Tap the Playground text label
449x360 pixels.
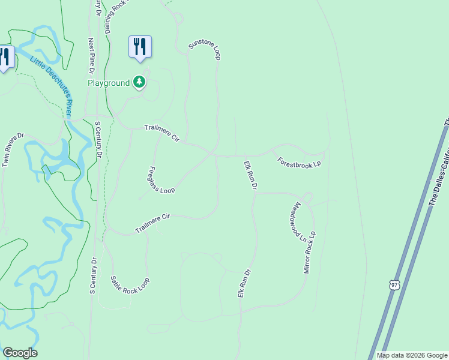[109, 83]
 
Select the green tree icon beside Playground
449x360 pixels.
[139, 82]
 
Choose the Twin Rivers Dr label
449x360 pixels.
[13, 149]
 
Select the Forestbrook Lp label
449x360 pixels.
[300, 163]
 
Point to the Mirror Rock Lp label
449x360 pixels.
[310, 252]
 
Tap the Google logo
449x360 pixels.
[20, 353]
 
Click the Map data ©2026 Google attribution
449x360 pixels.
[411, 355]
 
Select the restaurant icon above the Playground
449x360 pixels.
[140, 46]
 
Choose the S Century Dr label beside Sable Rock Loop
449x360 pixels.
[93, 277]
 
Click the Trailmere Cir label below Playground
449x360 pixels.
[162, 133]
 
